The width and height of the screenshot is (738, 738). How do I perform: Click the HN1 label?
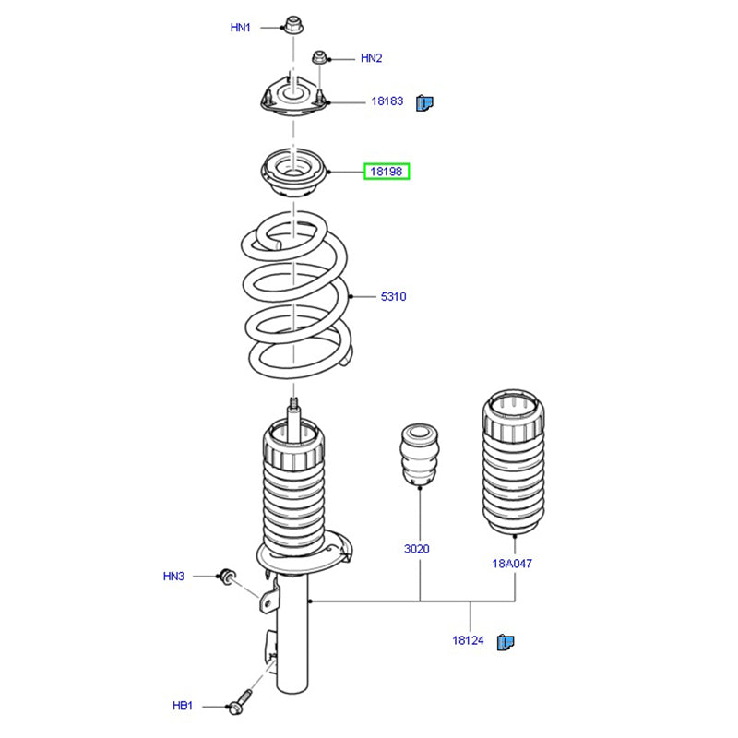coord(241,28)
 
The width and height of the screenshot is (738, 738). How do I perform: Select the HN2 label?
coord(371,58)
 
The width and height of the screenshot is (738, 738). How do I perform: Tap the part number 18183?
coord(387,101)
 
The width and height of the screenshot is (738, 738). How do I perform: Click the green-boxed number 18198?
coord(387,172)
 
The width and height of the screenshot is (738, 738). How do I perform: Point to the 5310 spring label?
coord(394,297)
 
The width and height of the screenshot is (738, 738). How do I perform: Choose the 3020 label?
coord(417,549)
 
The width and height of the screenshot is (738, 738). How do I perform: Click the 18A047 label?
coord(512,562)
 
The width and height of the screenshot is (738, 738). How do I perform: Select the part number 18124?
coord(469,639)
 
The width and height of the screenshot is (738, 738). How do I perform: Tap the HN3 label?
coord(174,577)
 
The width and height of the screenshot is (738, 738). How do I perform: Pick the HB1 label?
coord(183,706)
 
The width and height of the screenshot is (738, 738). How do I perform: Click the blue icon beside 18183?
coord(424,101)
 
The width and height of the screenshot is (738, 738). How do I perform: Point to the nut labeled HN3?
coord(226,577)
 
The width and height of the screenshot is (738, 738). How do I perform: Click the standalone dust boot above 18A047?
coord(513,466)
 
